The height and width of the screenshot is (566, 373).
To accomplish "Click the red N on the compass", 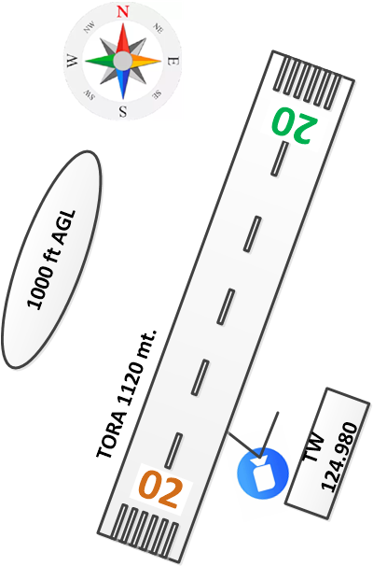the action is pos(123,11).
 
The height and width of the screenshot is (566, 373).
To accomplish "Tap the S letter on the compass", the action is pos(123,111).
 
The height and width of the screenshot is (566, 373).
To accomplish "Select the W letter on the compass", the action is pos(72,61).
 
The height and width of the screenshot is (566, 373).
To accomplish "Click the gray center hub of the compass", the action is pos(123,61).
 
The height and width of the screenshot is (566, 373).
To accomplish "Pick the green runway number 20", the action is pos(295,125).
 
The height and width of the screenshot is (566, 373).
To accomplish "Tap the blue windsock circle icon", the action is pos(263,474).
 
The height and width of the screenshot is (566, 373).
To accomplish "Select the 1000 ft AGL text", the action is pos(51,260).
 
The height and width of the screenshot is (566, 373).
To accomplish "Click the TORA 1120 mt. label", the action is pos(127,393).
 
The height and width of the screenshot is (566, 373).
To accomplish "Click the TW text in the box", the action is pos(314,446).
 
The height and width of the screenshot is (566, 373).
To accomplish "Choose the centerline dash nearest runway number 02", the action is pos(173,451).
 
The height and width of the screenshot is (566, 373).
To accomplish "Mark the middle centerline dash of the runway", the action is pos(226,306).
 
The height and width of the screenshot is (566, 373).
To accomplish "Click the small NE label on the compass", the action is pos(158,28).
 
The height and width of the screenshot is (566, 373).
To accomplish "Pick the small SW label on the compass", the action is pos(89,94).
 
